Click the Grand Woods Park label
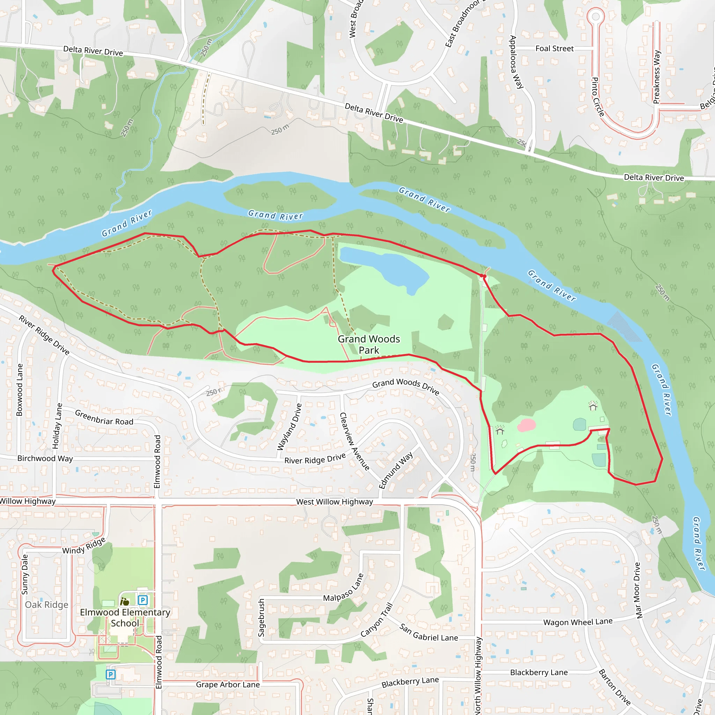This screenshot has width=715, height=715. [x=369, y=345]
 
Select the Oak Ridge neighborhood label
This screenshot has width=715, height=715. [x=47, y=605]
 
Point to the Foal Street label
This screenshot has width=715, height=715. [x=554, y=49]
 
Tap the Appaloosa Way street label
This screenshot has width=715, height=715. [x=516, y=62]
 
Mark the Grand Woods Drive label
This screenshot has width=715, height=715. [x=406, y=386]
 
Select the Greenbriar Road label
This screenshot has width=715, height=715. [x=104, y=418]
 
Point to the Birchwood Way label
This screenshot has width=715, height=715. [x=45, y=458]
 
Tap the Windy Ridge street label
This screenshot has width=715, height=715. [x=84, y=546]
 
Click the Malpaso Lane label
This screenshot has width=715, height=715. [x=344, y=588]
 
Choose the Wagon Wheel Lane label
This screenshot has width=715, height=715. [x=578, y=622]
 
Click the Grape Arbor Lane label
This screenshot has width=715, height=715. [x=228, y=685]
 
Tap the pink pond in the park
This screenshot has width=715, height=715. [x=526, y=425]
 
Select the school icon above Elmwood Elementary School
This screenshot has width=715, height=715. [x=125, y=602]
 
